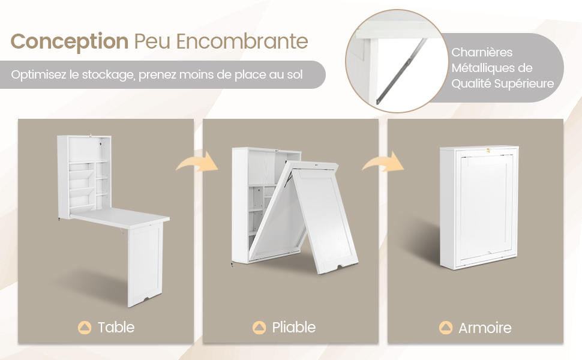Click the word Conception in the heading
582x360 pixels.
coord(70,41)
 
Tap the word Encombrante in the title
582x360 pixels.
coord(242,41)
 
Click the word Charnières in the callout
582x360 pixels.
coord(482,52)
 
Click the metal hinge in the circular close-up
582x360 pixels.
coord(401,71)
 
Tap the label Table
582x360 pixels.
coord(116,328)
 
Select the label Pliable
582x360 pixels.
coord(293,328)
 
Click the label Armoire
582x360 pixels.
coord(485,328)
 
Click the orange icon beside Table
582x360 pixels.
coord(85,328)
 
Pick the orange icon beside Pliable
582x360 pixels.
coord(259,328)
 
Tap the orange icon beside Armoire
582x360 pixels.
coord(446,328)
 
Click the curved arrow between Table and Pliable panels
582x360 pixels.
coord(198,161)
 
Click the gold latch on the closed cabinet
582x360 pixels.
coord(488,151)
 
